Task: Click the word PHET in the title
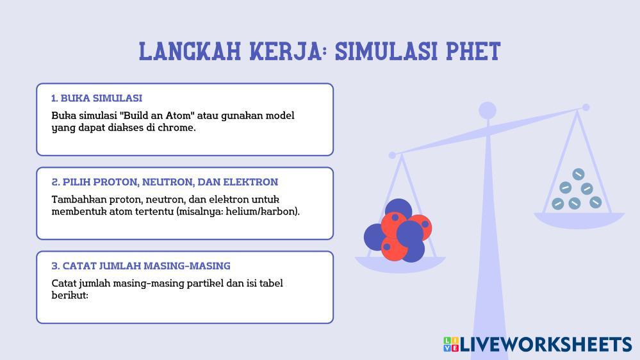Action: pos(473,51)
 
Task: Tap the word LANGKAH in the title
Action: pos(190,51)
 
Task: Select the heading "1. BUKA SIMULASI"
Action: pos(97,99)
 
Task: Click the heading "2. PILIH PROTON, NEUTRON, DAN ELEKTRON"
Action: pos(165,182)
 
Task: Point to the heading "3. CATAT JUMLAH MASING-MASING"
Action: pos(141,266)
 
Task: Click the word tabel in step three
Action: pos(271,283)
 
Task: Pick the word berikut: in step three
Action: pos(70,295)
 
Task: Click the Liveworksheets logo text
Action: pos(546,345)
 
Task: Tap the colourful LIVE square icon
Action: pos(451,345)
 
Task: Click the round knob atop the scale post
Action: pos(488,111)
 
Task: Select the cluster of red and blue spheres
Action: pos(398,231)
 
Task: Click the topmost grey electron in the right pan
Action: pos(578,174)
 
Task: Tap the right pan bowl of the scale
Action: pos(579,220)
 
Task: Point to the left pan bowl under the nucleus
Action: pos(400,264)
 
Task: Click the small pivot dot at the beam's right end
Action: pos(586,108)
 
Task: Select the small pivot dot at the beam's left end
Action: pos(392,155)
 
